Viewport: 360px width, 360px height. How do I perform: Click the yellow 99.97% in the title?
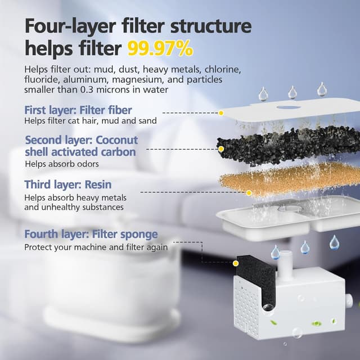(x=160, y=49)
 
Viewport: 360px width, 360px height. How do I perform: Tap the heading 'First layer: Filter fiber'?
(x=78, y=110)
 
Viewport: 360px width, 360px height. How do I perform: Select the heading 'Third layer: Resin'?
(x=67, y=184)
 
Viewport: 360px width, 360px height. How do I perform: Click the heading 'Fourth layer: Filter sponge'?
(x=91, y=234)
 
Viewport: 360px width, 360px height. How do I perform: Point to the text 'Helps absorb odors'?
(x=62, y=164)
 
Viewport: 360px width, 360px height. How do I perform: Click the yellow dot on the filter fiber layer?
(x=221, y=113)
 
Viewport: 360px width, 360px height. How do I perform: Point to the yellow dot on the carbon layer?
(x=221, y=149)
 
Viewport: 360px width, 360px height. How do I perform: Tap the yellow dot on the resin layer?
(x=249, y=192)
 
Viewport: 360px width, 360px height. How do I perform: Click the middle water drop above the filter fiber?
(x=292, y=92)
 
